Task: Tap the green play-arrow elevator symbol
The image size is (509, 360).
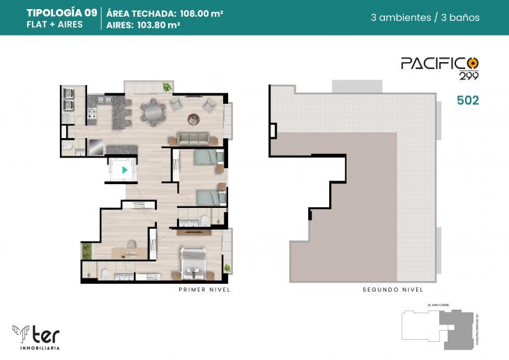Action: (x=124, y=169)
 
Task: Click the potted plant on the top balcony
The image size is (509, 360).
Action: (x=167, y=87)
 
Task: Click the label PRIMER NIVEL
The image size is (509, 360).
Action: (x=204, y=289)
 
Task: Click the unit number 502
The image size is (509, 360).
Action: (x=467, y=100)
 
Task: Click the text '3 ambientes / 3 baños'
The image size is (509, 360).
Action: (x=425, y=17)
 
